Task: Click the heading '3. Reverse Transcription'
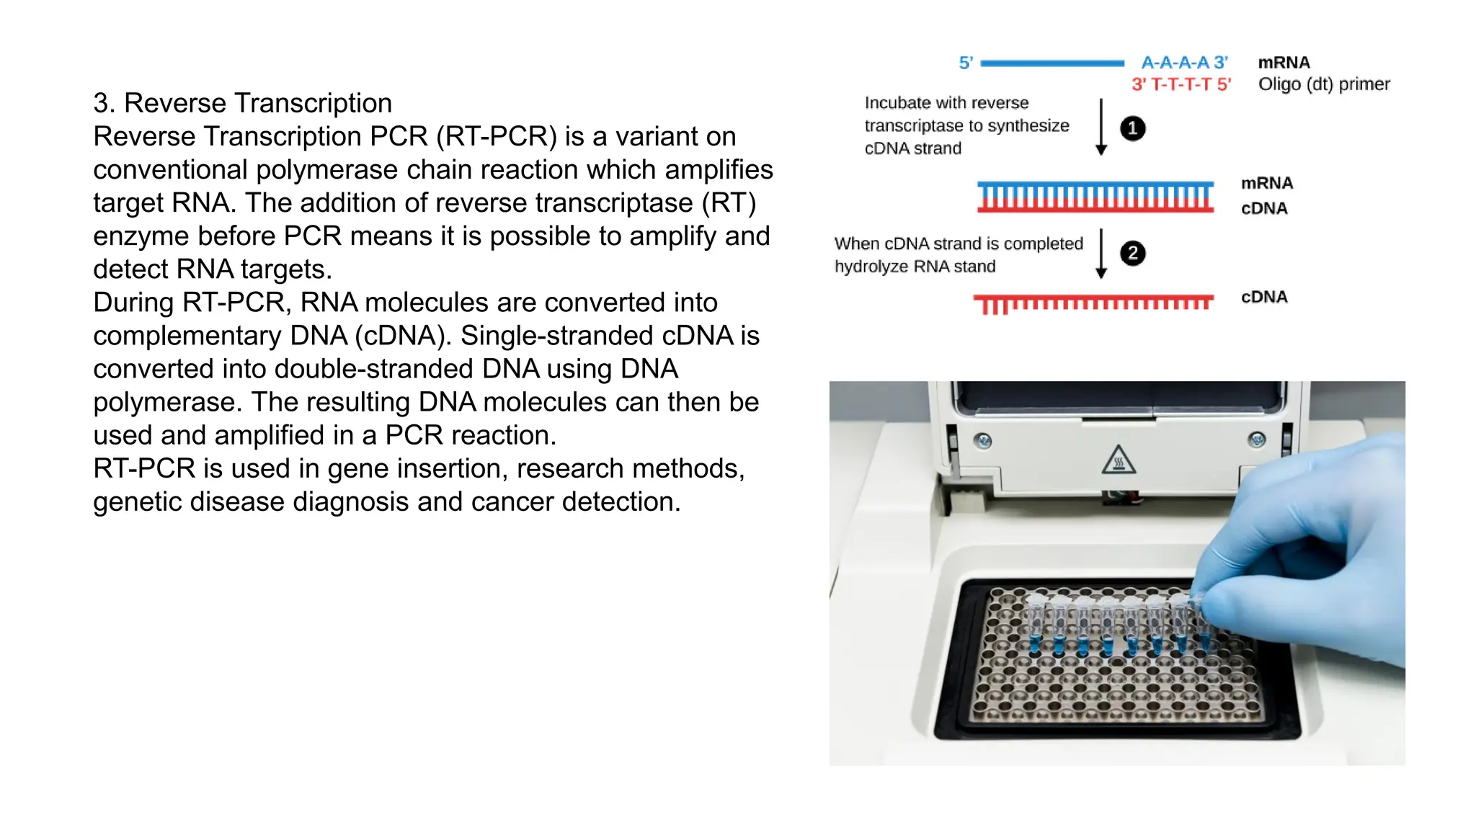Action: tap(242, 103)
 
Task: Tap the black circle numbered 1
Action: tap(1132, 128)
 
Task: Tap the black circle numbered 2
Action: tap(1132, 253)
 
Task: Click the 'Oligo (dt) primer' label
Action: tap(1323, 84)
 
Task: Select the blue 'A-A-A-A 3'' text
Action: tap(1184, 63)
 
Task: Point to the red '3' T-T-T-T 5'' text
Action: tap(1181, 85)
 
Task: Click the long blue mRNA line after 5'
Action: tap(1052, 63)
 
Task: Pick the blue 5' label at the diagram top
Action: tap(966, 63)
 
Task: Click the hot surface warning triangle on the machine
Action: tap(1119, 459)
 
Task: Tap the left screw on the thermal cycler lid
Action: tap(982, 440)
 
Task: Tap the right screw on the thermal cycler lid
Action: tap(1257, 439)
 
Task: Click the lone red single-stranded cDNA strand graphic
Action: tap(1093, 303)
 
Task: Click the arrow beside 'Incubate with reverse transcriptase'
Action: tap(1101, 127)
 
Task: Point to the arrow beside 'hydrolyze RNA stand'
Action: tap(1101, 253)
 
